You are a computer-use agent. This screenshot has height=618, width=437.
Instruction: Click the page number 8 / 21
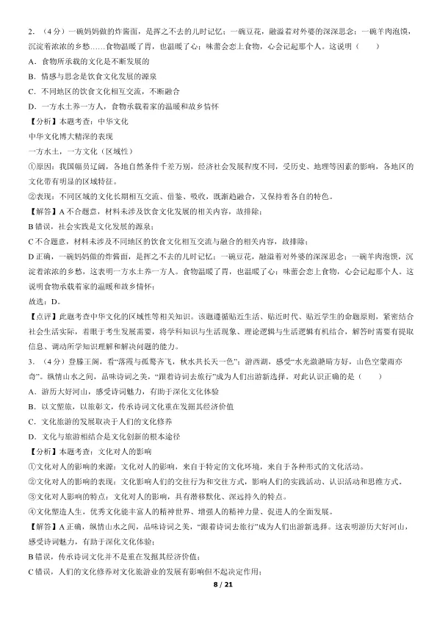[218, 603]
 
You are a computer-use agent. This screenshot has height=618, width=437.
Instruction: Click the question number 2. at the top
[31, 33]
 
